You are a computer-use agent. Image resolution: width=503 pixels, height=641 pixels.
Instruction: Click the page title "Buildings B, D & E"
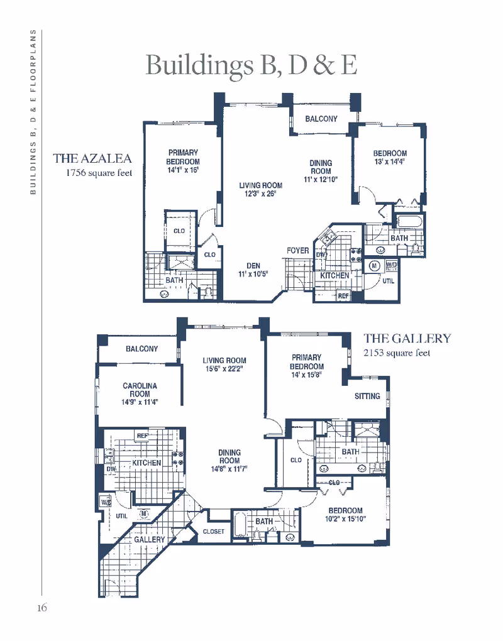point(251,65)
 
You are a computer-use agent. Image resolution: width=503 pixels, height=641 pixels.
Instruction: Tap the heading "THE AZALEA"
point(92,158)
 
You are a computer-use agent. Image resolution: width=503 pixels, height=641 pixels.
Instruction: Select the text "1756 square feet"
point(99,173)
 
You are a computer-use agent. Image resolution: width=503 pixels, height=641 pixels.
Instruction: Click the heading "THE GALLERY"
point(407,338)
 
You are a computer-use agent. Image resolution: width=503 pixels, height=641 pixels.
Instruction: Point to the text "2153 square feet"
point(397,353)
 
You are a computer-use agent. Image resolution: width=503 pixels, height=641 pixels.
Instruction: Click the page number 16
point(41,608)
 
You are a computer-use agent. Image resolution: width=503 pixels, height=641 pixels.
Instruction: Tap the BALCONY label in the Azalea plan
point(321,119)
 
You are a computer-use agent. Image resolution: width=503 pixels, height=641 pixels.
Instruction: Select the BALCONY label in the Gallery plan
point(141,349)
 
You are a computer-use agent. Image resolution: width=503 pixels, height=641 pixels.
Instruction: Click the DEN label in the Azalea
point(253,266)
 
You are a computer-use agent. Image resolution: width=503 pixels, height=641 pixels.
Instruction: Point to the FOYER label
point(298,251)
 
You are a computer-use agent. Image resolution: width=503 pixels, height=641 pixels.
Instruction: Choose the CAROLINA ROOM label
point(140,390)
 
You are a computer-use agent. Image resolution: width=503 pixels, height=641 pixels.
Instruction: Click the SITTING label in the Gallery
point(367,397)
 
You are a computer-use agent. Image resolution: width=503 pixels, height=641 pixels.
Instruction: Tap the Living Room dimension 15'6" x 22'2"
point(224,369)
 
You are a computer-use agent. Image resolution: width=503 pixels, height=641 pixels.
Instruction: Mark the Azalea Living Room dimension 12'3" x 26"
point(260,194)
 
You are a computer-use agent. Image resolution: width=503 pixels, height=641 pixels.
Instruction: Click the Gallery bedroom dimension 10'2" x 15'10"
point(345,519)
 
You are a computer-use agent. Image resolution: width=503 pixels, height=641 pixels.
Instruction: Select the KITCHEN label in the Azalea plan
point(334,276)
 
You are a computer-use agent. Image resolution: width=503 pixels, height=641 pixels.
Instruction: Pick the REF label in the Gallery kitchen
point(142,436)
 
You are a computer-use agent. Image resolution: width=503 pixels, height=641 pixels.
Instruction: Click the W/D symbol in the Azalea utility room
point(391,266)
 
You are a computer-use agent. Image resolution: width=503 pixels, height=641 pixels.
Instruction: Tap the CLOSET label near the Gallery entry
point(214,532)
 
